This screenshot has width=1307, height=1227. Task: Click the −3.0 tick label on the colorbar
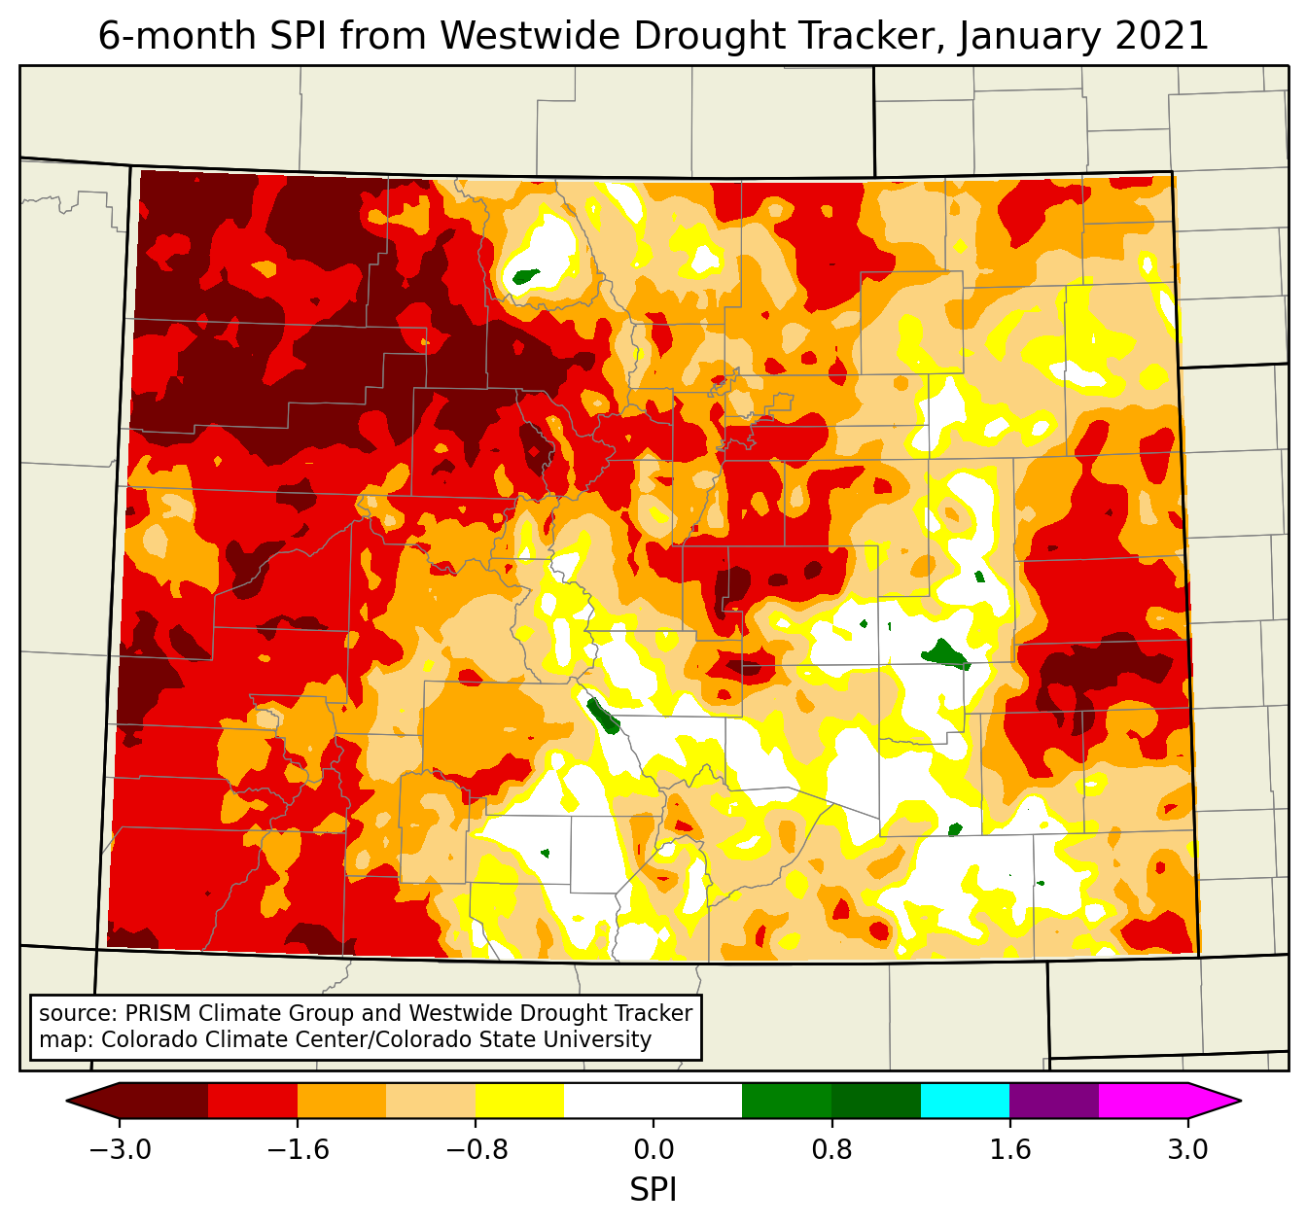[x=120, y=1150]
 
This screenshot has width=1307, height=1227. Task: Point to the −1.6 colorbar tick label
[x=298, y=1150]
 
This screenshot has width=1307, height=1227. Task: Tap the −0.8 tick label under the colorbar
[x=476, y=1150]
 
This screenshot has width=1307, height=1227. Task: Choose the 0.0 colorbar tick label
[x=653, y=1150]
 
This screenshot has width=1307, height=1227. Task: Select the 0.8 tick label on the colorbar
[x=831, y=1150]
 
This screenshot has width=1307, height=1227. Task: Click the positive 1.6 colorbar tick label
[x=1009, y=1150]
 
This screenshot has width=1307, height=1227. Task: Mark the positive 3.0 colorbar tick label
[x=1187, y=1150]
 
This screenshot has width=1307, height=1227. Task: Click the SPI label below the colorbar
[x=653, y=1190]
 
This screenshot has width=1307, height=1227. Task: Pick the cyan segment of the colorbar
[x=965, y=1101]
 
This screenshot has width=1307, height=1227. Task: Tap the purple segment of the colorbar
[x=1054, y=1101]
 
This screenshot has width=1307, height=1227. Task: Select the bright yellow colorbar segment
[x=519, y=1101]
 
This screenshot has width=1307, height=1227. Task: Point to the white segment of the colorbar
[x=653, y=1101]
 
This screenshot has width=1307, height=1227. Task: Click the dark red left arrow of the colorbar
[x=93, y=1101]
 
